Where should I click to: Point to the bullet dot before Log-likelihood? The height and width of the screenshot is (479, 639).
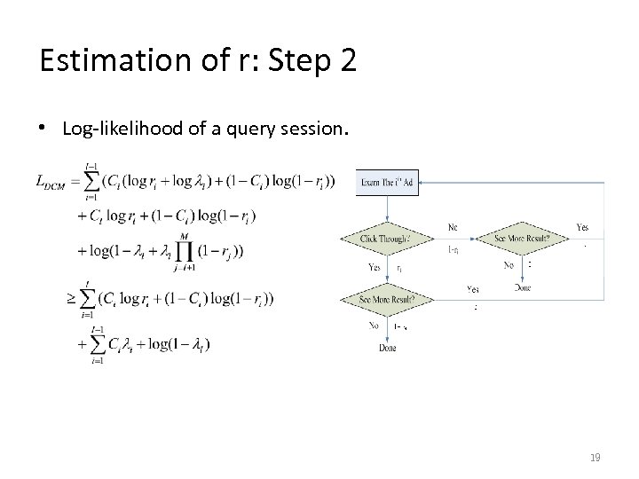pos(44,130)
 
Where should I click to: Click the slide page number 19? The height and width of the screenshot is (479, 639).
pos(595,458)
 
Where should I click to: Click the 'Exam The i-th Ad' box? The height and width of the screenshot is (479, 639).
pos(388,182)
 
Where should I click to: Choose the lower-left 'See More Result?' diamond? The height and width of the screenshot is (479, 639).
pos(388,299)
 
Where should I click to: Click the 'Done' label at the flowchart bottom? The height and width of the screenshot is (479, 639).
pos(388,348)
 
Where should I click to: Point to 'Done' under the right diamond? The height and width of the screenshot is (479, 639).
pos(523,287)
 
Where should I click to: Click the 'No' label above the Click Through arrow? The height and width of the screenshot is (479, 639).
pos(453,227)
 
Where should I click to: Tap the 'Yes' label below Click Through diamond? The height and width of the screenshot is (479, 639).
pos(375,267)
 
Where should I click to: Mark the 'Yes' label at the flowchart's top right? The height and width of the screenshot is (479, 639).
pos(582,227)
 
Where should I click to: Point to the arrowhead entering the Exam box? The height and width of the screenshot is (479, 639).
pos(420,182)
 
